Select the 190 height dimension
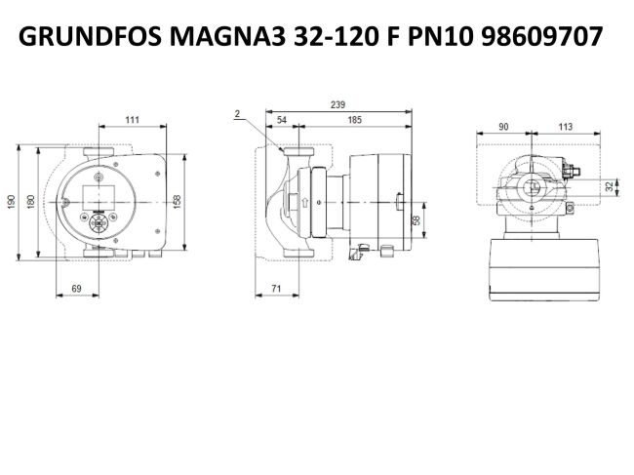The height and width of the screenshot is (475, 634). pos(12,199)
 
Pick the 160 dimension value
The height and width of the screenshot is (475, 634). pos(30,199)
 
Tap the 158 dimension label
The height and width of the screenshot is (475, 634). pos(177,200)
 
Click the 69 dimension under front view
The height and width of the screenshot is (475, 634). pos(78,289)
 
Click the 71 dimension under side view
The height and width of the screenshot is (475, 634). pos(277,289)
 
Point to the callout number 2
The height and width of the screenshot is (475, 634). pos(237,114)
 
